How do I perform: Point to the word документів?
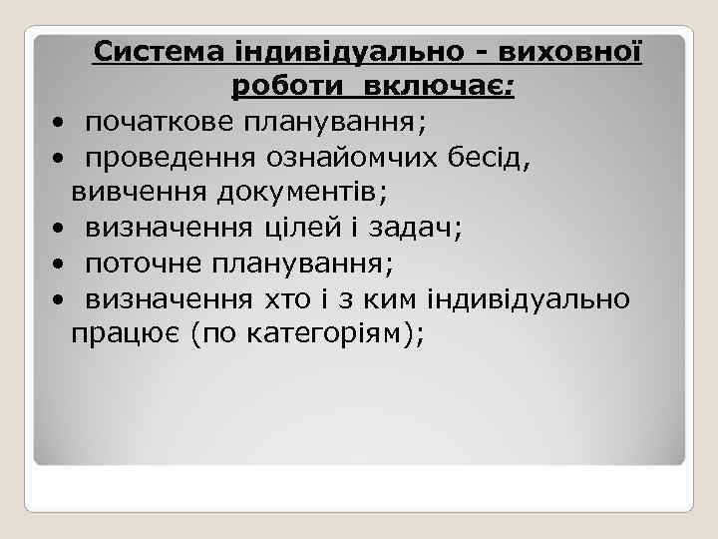(x=309, y=193)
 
